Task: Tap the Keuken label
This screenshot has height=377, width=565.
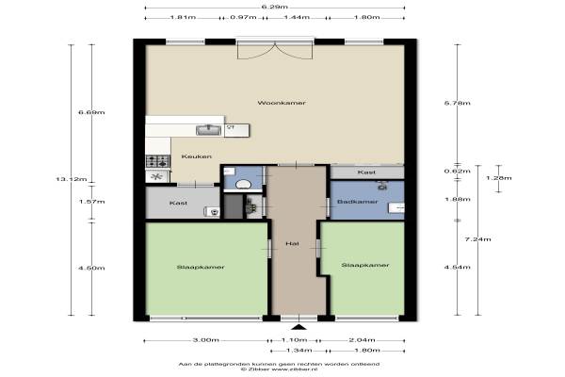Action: [x=197, y=156]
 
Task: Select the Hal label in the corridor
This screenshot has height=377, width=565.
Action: [x=292, y=244]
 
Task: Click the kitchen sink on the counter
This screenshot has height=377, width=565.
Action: [x=209, y=130]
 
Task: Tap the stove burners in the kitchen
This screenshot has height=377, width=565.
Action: [x=158, y=161]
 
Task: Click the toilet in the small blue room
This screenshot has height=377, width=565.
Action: [x=244, y=185]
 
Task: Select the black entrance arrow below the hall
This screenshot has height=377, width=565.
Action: [x=299, y=327]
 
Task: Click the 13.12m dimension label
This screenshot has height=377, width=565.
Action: [x=72, y=179]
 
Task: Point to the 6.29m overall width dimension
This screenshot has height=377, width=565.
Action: [x=275, y=7]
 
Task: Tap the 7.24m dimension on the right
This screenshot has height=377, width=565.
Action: [x=477, y=239]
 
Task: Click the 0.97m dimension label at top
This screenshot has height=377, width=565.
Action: [x=243, y=17]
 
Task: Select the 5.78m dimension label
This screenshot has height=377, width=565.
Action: [x=458, y=103]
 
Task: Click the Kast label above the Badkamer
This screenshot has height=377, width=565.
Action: [x=367, y=172]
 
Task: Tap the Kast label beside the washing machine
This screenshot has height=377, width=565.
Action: [x=178, y=204]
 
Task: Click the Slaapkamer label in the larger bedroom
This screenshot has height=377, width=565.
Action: [x=201, y=268]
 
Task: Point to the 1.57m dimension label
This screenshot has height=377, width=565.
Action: [x=92, y=202]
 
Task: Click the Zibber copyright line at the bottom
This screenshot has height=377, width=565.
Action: [x=279, y=369]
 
